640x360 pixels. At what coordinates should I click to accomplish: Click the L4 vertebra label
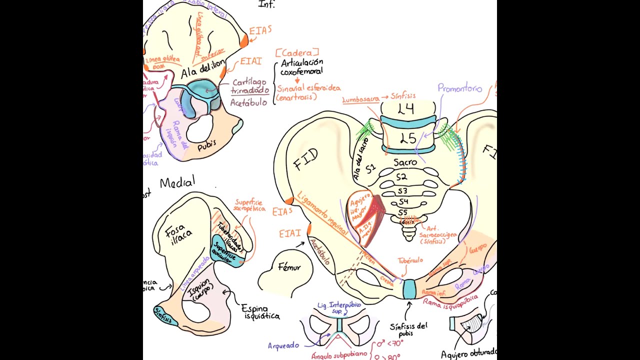[406, 109]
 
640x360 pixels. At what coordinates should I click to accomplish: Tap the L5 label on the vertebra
[408, 138]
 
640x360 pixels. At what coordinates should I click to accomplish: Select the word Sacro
[405, 162]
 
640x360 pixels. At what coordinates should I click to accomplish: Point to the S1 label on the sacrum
[370, 168]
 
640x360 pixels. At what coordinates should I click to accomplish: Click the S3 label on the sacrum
[402, 191]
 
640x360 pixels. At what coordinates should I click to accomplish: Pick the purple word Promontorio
[459, 88]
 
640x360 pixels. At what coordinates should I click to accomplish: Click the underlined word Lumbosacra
[360, 99]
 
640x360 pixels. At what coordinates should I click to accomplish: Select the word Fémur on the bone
[290, 268]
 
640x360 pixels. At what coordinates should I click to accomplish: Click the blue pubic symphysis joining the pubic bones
[409, 289]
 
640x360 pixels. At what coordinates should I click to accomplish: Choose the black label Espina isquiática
[261, 312]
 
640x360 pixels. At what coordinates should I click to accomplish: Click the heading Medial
[177, 182]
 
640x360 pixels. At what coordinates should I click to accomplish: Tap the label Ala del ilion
[199, 72]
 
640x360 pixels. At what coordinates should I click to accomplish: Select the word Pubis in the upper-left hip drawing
[206, 146]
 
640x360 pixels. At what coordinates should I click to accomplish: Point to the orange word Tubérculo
[410, 260]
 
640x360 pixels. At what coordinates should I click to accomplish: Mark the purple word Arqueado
[283, 345]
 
